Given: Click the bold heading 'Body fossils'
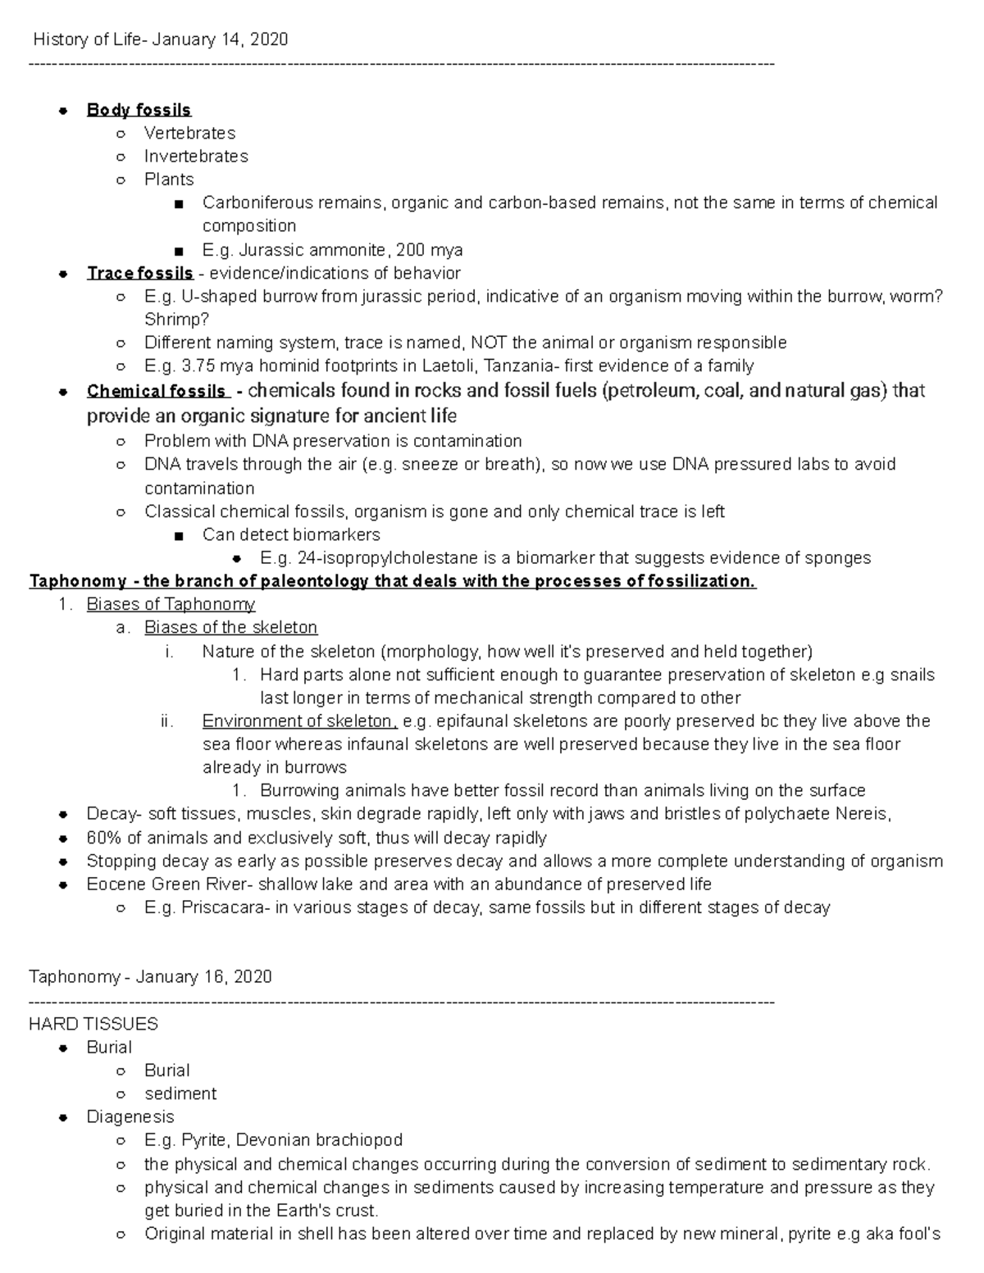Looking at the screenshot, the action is click(139, 110).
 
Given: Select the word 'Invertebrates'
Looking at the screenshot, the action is click(196, 156).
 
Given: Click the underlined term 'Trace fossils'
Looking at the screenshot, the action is click(139, 273).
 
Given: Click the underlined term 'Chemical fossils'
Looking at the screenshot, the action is click(156, 391).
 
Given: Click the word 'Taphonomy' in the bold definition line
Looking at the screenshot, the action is click(78, 581).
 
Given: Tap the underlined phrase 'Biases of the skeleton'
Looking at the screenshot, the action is click(230, 628).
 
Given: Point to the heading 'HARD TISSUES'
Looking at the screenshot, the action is click(93, 1024).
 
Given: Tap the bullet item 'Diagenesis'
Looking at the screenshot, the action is click(130, 1116).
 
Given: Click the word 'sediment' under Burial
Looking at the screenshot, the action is click(180, 1093).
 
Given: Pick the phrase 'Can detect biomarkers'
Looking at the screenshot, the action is click(291, 535).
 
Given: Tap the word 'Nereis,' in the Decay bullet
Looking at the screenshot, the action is click(863, 814).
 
